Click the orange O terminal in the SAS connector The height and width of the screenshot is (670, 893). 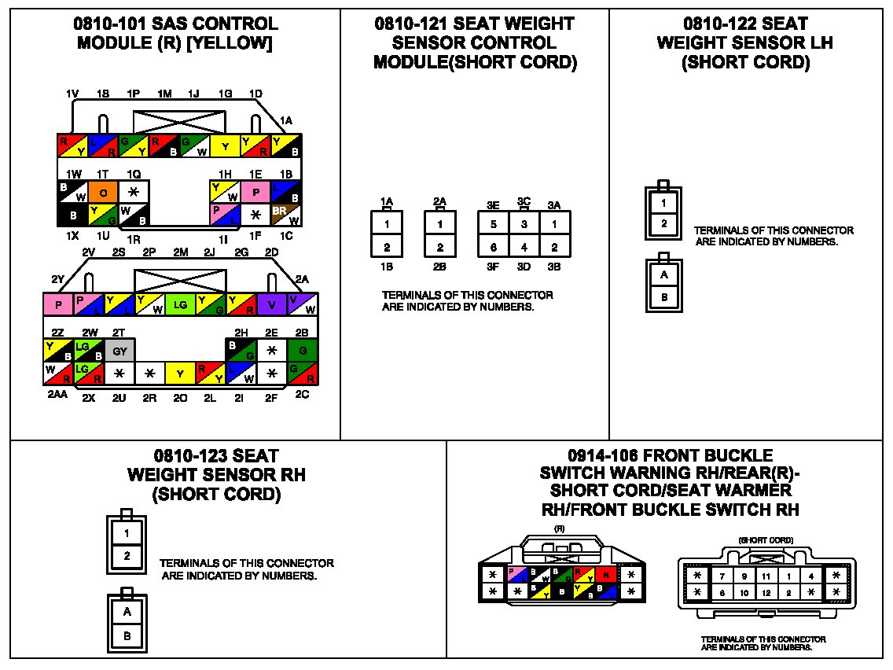tap(104, 191)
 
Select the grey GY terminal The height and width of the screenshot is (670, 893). tap(119, 352)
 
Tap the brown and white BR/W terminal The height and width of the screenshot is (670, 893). tap(285, 212)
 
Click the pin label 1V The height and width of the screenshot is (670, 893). tap(72, 94)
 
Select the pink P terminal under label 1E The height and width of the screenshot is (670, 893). tap(255, 191)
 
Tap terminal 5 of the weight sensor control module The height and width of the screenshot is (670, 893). tap(494, 223)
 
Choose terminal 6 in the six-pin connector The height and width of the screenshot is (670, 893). tap(494, 246)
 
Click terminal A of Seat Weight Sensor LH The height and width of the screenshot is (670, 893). tap(664, 275)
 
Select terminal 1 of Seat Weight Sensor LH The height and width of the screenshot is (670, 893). tap(664, 203)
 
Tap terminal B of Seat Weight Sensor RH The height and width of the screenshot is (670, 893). tap(126, 634)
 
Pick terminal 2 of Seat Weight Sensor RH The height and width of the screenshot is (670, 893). tap(126, 555)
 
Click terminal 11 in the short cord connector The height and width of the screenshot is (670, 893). tap(766, 576)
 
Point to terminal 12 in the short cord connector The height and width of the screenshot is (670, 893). tap(766, 592)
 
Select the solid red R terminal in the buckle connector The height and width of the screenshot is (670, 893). tap(607, 574)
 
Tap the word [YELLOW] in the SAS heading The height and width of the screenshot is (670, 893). tap(233, 44)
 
